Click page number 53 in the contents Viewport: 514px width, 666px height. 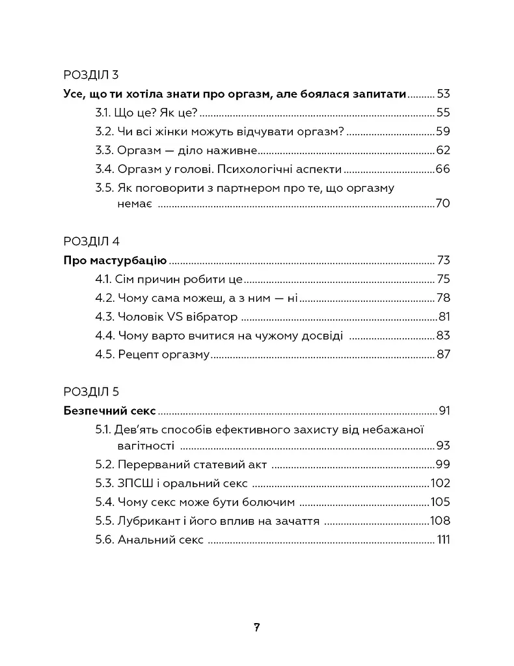[x=443, y=94]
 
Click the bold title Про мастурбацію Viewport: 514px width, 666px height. [x=116, y=261]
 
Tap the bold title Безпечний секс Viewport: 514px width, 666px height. [x=110, y=410]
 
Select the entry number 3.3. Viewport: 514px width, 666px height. [x=104, y=150]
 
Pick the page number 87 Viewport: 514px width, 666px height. [x=443, y=355]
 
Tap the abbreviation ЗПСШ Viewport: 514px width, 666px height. [x=134, y=483]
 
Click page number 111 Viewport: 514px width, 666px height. [x=444, y=540]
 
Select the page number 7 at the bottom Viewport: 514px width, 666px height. [x=257, y=628]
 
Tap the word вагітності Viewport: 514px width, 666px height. [x=145, y=446]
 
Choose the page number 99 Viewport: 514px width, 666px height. [x=442, y=464]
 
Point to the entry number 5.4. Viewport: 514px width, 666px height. [x=104, y=502]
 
